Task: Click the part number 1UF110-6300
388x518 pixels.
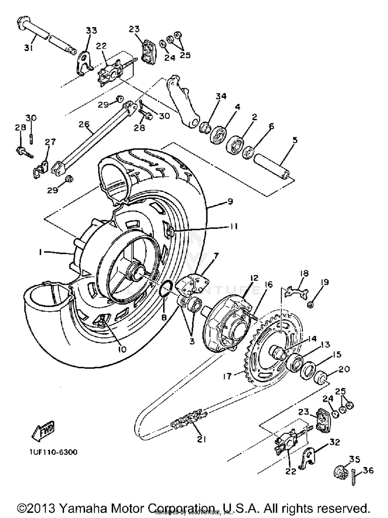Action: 53,452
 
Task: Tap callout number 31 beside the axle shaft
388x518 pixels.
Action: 29,48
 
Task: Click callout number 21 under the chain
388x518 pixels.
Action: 202,439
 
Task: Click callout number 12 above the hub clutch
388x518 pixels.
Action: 254,278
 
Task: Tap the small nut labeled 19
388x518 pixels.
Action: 311,305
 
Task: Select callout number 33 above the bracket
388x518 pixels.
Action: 91,31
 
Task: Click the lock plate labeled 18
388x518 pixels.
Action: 296,293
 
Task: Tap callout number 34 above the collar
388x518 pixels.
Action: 221,96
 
